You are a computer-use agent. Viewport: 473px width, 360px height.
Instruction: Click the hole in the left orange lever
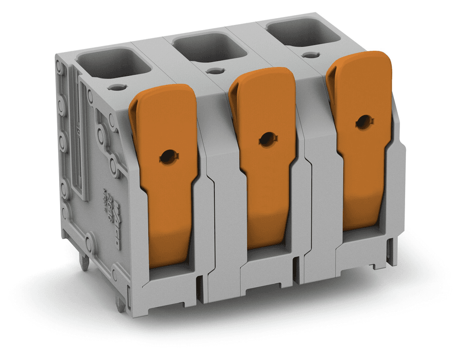tap(168, 157)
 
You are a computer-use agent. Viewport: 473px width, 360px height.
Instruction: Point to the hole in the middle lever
tap(267, 139)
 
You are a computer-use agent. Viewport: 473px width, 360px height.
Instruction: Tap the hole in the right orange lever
tap(364, 122)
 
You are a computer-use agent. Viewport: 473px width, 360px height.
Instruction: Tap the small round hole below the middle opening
tap(213, 71)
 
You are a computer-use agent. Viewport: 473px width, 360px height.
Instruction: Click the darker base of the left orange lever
tap(166, 245)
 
